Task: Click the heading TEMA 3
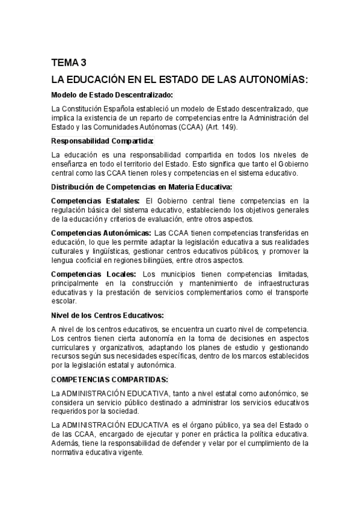click(70, 62)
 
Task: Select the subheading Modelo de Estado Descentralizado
click(112, 94)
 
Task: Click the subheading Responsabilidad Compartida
click(102, 141)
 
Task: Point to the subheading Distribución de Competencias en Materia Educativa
click(141, 187)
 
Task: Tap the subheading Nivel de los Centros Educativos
click(108, 315)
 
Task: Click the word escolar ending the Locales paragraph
click(63, 301)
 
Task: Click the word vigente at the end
click(132, 453)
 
